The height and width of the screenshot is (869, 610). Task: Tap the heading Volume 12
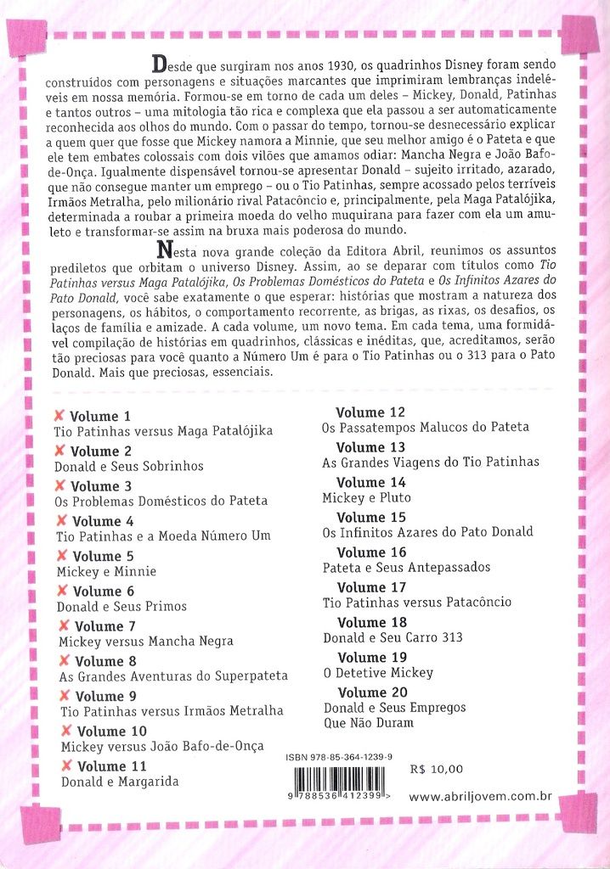click(370, 412)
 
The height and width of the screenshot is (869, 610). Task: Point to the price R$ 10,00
click(436, 770)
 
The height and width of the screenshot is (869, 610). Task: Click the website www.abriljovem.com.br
click(481, 797)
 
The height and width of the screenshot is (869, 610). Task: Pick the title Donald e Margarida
click(120, 782)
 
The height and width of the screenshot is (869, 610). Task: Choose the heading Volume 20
click(372, 692)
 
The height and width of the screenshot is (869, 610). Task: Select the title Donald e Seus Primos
click(121, 606)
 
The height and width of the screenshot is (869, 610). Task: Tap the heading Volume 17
click(372, 587)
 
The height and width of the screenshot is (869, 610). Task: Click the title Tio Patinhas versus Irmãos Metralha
click(171, 711)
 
